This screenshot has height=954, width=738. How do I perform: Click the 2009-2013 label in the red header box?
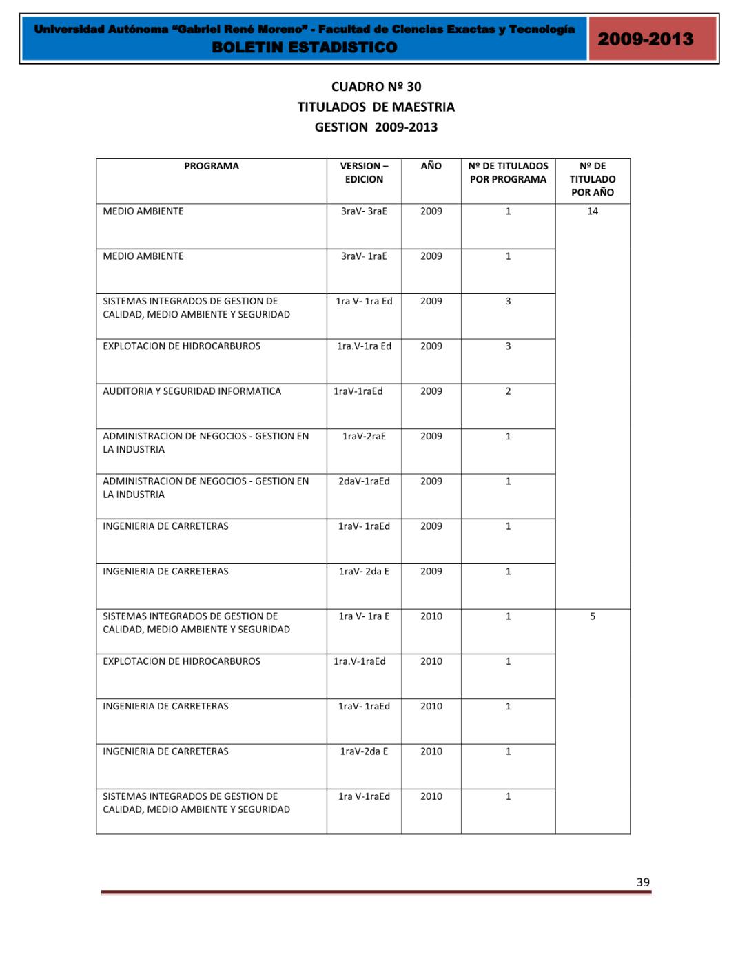pyautogui.click(x=645, y=39)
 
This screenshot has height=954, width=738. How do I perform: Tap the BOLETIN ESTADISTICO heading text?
pyautogui.click(x=305, y=48)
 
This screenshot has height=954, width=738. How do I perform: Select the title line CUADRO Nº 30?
pyautogui.click(x=376, y=87)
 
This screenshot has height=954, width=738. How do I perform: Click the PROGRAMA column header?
pyautogui.click(x=211, y=166)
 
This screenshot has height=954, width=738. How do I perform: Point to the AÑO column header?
pyautogui.click(x=431, y=166)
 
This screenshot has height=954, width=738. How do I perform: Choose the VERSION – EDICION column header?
pyautogui.click(x=364, y=173)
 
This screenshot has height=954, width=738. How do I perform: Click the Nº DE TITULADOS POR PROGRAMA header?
pyautogui.click(x=508, y=173)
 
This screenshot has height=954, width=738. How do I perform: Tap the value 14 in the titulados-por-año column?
pyautogui.click(x=593, y=211)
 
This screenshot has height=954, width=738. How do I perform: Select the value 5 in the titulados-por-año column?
pyautogui.click(x=593, y=616)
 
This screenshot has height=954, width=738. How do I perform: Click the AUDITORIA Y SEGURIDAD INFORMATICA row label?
pyautogui.click(x=192, y=391)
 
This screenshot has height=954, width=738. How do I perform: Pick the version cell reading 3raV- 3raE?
pyautogui.click(x=364, y=211)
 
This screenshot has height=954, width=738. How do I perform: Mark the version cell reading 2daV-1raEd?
pyautogui.click(x=364, y=481)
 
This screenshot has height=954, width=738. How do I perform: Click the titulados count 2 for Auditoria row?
pyautogui.click(x=508, y=391)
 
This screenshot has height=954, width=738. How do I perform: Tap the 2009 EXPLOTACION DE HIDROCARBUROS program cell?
pyautogui.click(x=181, y=346)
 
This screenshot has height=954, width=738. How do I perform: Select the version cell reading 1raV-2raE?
pyautogui.click(x=364, y=436)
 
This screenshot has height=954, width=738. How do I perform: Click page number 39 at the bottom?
pyautogui.click(x=643, y=882)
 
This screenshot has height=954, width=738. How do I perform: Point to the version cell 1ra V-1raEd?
pyautogui.click(x=364, y=796)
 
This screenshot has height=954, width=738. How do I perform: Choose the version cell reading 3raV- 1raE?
pyautogui.click(x=364, y=256)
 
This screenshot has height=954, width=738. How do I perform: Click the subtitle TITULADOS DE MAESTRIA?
pyautogui.click(x=376, y=107)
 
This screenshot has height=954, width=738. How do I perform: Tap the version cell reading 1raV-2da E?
pyautogui.click(x=364, y=751)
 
